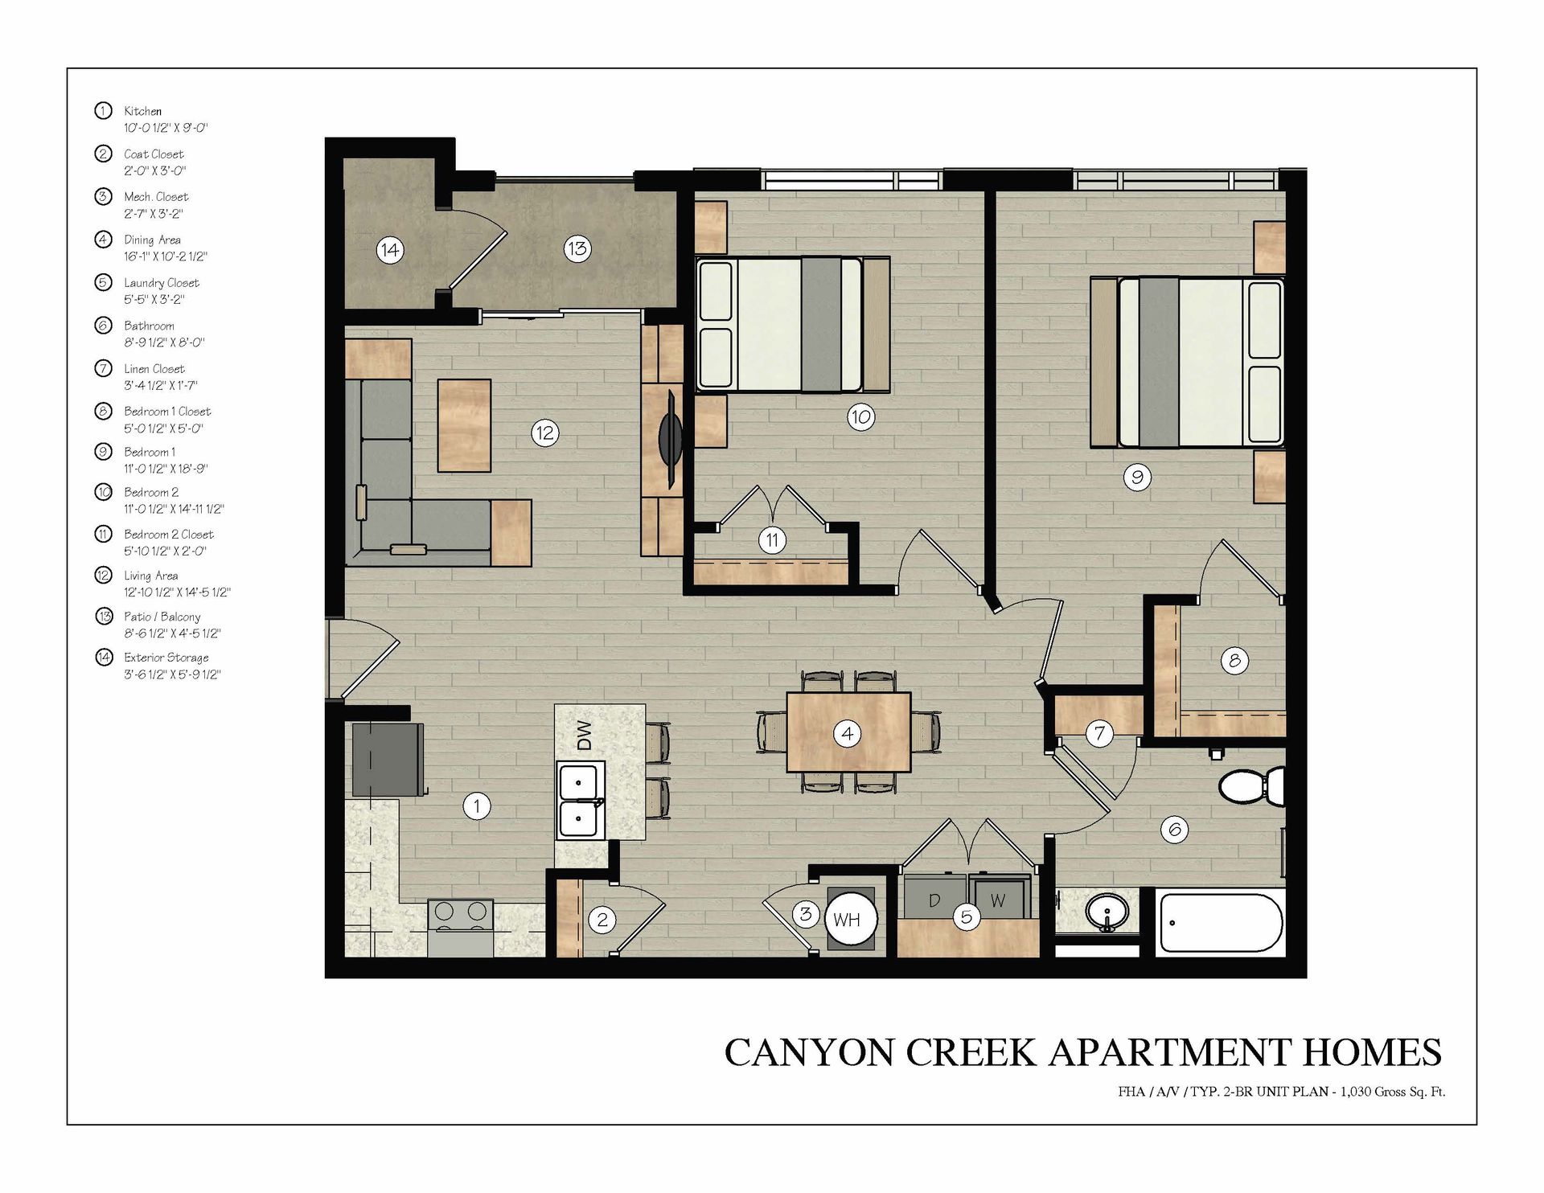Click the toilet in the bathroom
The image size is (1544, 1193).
click(1251, 784)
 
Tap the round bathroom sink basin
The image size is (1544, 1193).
click(1107, 912)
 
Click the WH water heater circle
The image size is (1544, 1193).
click(848, 920)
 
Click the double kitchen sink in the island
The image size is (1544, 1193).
click(580, 801)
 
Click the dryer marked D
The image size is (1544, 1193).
click(934, 899)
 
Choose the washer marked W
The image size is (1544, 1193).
click(1000, 899)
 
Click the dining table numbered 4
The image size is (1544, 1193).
click(848, 732)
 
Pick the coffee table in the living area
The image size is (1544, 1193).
click(464, 425)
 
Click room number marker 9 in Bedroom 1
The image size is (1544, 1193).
click(1137, 478)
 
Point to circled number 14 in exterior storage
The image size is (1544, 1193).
click(389, 250)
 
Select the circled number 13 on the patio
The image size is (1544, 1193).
click(577, 248)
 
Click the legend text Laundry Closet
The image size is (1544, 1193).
click(162, 283)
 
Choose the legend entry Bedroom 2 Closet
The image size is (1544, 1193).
click(169, 535)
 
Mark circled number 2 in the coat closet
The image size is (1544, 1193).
click(602, 920)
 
